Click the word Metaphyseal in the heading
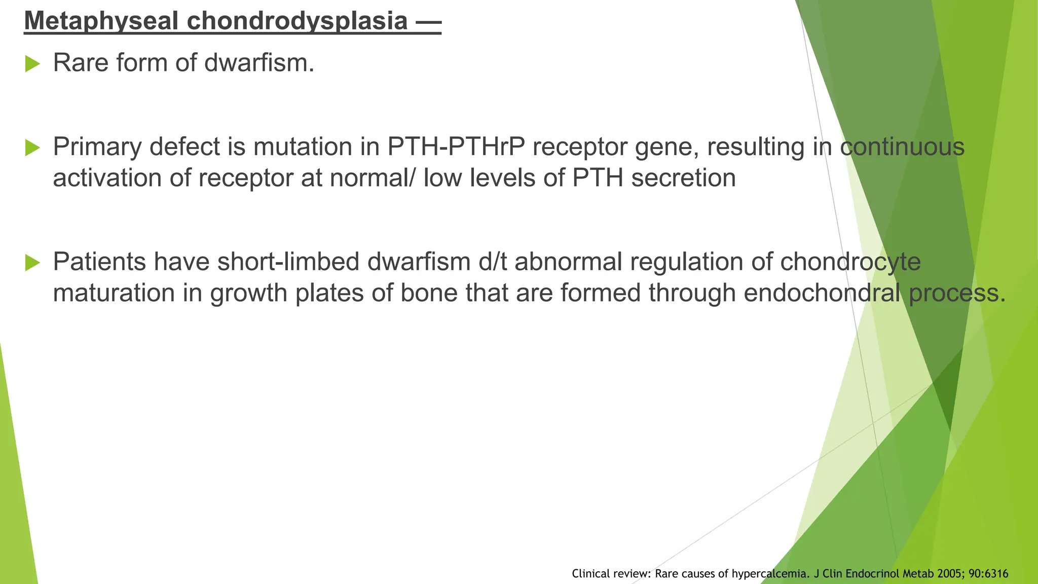[x=100, y=21]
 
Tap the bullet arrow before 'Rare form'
[x=32, y=64]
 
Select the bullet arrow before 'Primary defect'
[x=32, y=148]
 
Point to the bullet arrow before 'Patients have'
[x=32, y=263]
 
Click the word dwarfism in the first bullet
[x=259, y=63]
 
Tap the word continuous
[x=902, y=147]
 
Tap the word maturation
[x=114, y=294]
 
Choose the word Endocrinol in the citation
[x=870, y=574]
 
